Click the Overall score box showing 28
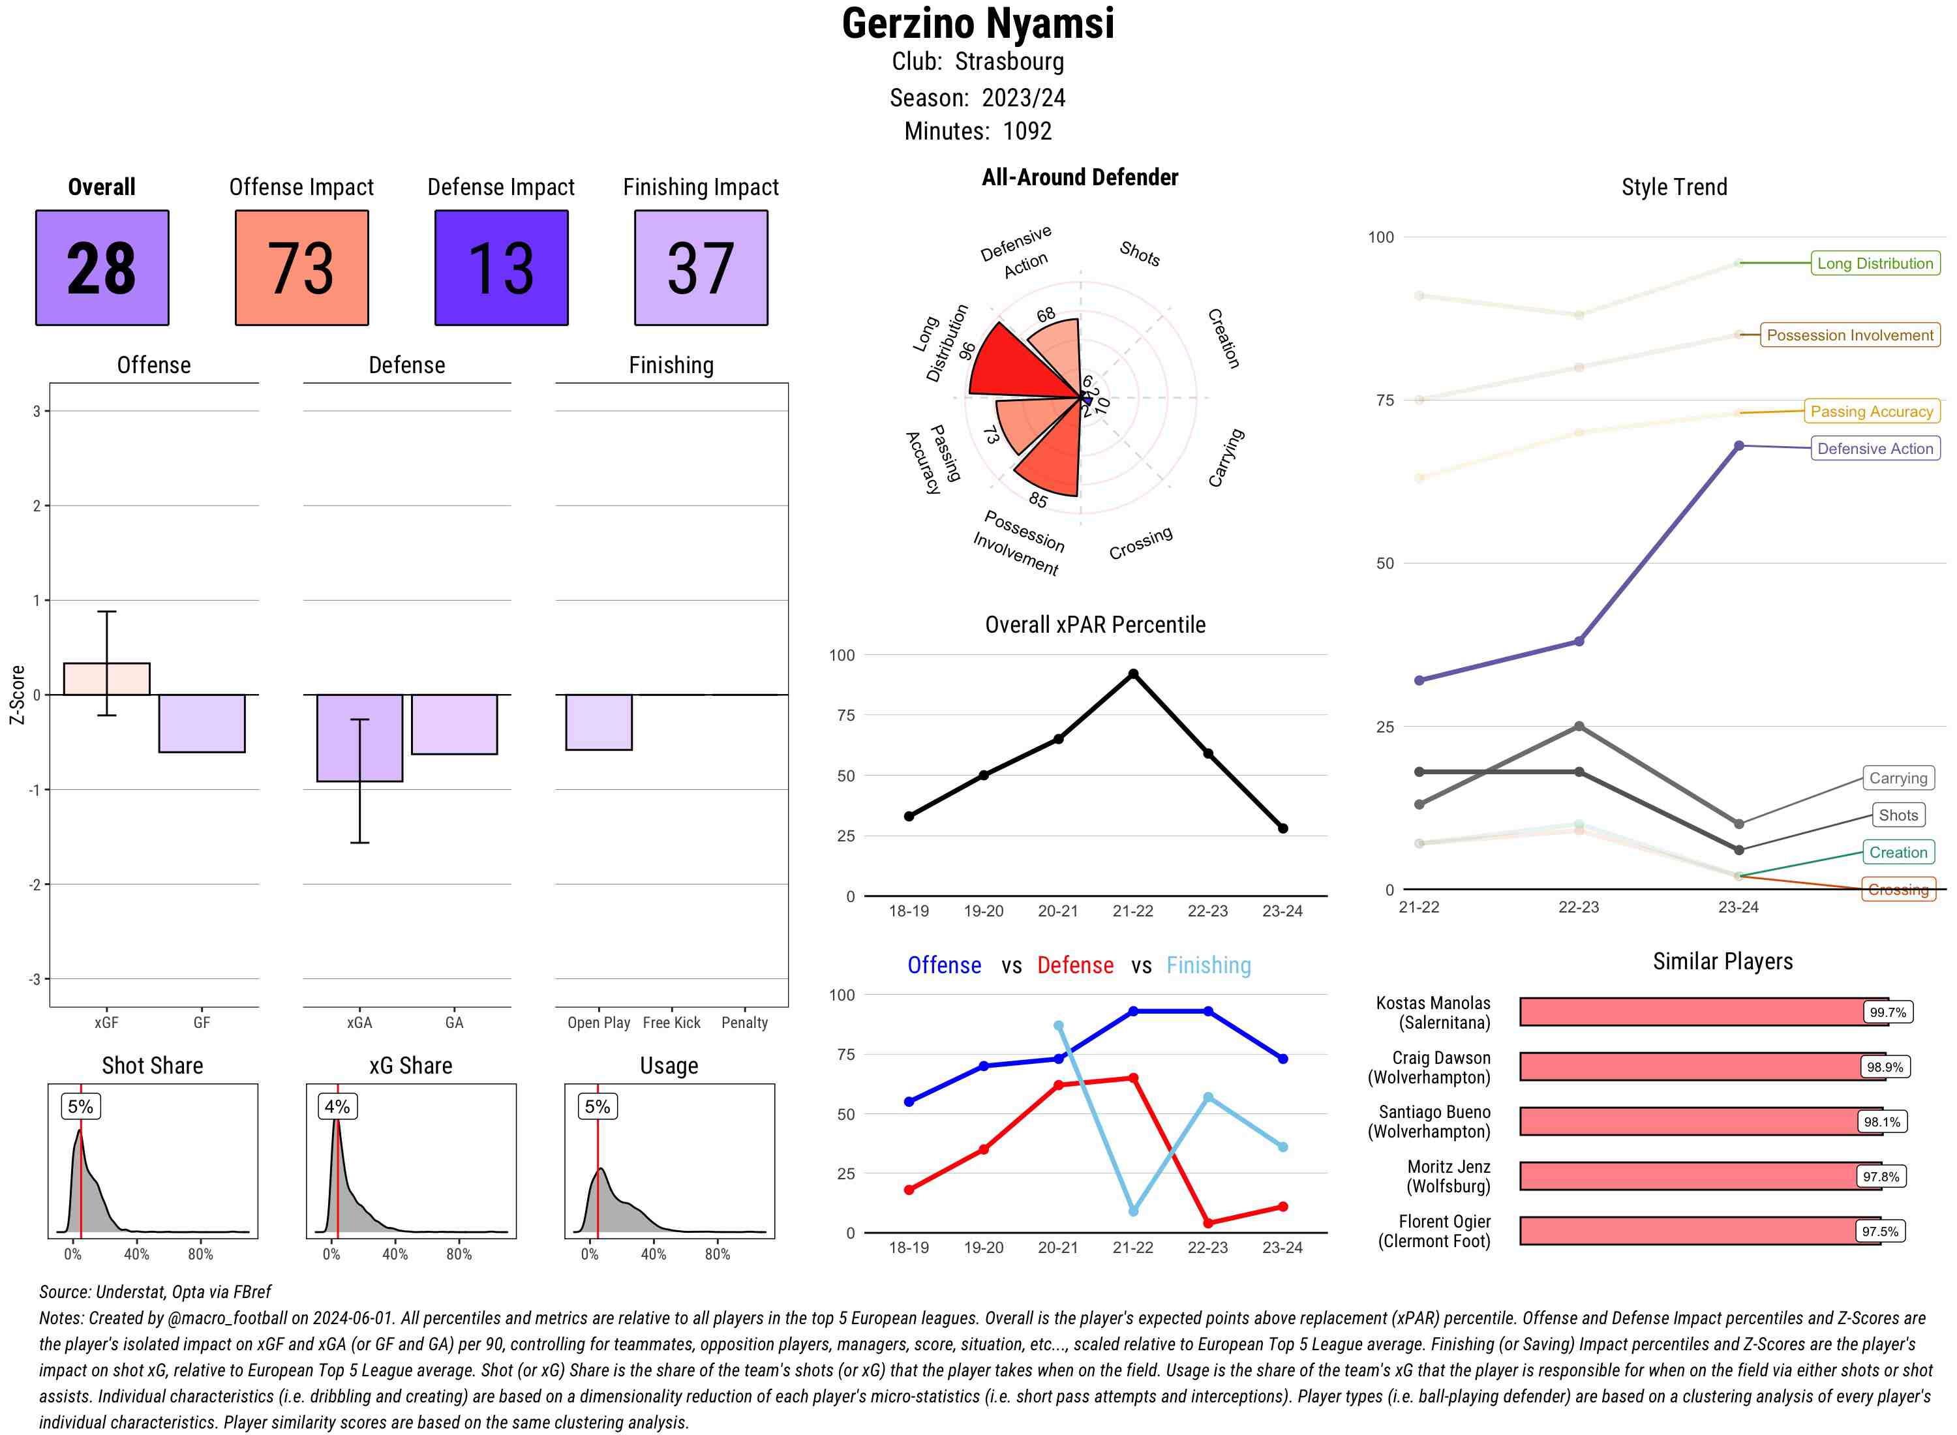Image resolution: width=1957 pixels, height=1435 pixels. click(102, 267)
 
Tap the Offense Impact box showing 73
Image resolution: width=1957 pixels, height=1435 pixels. click(301, 267)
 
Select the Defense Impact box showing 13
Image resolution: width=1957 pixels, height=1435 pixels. click(501, 267)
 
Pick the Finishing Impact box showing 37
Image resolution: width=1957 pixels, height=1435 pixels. click(701, 267)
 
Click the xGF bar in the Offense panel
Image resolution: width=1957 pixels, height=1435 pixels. click(107, 679)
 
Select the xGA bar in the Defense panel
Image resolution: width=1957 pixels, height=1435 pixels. click(359, 738)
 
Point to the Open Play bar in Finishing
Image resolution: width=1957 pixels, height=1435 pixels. click(598, 722)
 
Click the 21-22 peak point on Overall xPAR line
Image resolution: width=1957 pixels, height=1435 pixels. click(1132, 674)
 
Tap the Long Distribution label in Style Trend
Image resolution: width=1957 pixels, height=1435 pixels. click(1875, 264)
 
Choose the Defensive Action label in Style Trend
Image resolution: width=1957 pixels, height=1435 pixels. click(1875, 448)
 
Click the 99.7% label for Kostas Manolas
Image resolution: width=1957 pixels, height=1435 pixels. click(1887, 1012)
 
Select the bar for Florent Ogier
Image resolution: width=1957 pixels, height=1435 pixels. click(1699, 1231)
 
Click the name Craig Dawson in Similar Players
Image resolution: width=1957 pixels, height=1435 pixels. click(1440, 1057)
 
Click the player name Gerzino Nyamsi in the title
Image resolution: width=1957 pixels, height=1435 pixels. click(978, 23)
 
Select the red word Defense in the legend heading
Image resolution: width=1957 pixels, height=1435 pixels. click(1074, 965)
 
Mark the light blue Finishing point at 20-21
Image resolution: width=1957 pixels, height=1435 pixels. click(1058, 1026)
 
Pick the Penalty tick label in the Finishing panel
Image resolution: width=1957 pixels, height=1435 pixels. click(744, 1022)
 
